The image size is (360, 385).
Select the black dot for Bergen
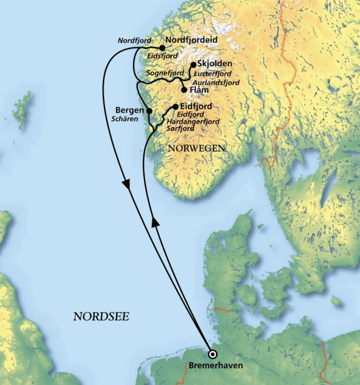tap(149, 111)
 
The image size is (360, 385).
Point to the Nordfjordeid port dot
tap(162, 47)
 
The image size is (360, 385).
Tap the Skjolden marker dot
tap(193, 65)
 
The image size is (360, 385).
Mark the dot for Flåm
tap(184, 90)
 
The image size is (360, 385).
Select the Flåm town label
tap(200, 90)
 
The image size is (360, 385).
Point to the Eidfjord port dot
tap(175, 107)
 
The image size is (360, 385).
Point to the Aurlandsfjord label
tap(216, 82)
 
